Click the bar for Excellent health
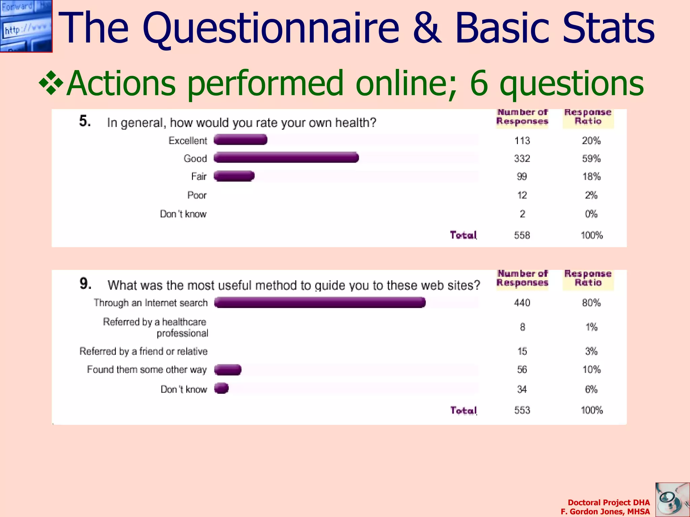241,140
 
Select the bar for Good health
286,158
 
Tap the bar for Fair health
234,176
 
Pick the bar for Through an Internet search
320,303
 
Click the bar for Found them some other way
228,370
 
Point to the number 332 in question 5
522,159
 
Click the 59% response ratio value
591,159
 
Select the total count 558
522,235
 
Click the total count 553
522,410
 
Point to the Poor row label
197,195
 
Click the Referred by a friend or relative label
144,351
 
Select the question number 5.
85,121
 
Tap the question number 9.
85,283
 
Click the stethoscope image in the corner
672,500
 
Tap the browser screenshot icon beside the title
26,26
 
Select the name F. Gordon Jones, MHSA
605,512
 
